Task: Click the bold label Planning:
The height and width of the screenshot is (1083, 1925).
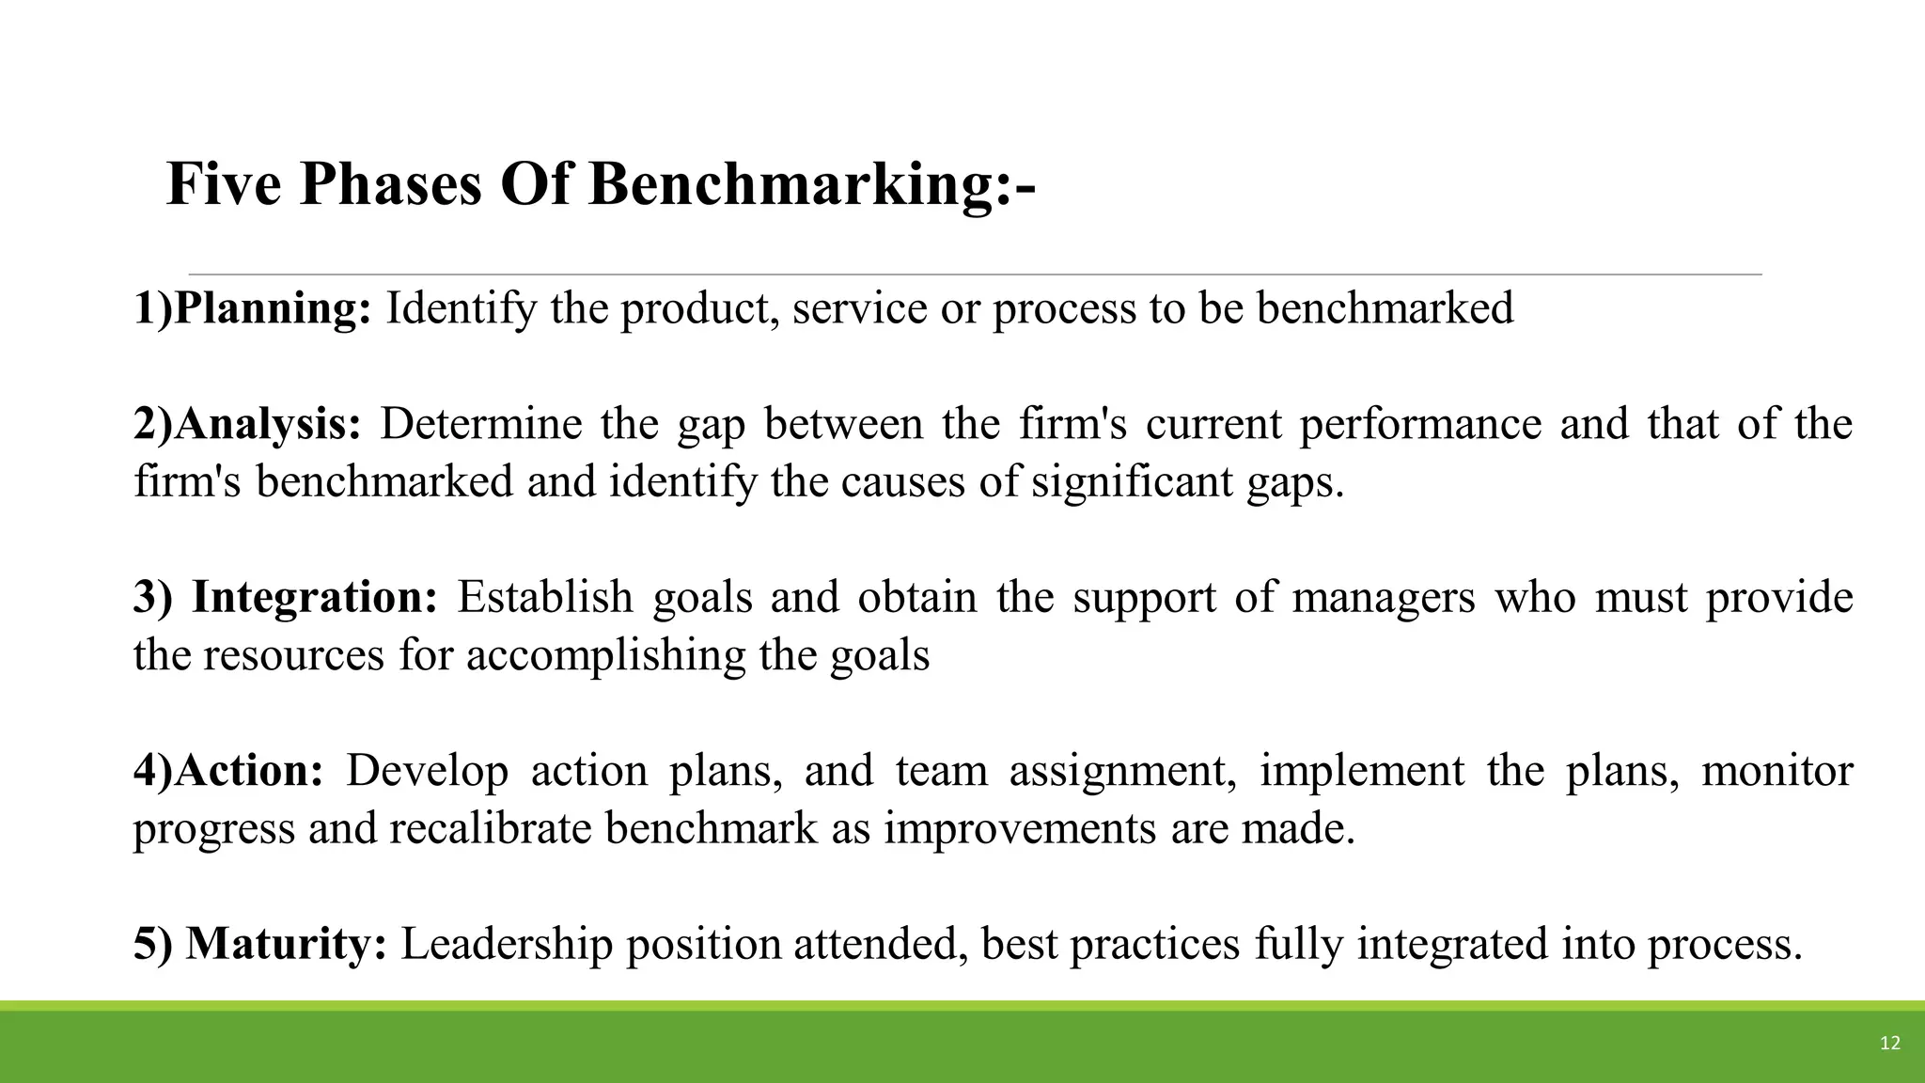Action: [x=273, y=308]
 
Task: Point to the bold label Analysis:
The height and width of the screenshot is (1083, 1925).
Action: [x=268, y=425]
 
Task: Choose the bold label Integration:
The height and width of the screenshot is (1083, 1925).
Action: [x=315, y=598]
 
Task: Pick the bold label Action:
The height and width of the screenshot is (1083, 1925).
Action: [x=249, y=771]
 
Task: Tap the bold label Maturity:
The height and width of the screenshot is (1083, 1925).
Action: [x=286, y=944]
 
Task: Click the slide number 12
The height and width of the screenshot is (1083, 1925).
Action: [x=1889, y=1043]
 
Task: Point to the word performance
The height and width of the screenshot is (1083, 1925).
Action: [x=1420, y=425]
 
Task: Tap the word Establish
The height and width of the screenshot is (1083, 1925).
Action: [x=545, y=598]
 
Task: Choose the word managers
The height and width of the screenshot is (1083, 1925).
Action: [x=1384, y=598]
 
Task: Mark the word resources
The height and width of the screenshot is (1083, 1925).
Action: [x=293, y=655]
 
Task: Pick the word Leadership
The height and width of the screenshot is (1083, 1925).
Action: [x=507, y=944]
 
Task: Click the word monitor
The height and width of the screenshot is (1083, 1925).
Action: [x=1776, y=771]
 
